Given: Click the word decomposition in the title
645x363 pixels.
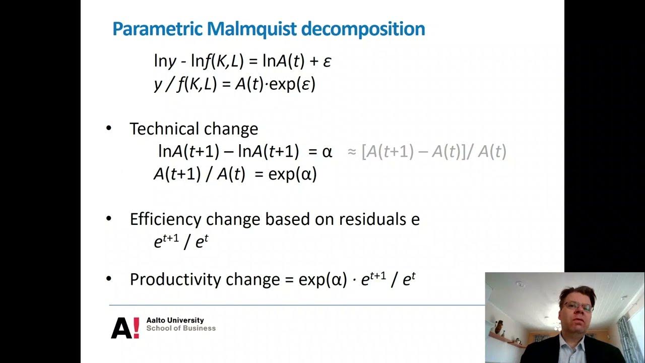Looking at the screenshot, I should [363, 29].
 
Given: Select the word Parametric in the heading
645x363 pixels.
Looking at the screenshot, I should [157, 29].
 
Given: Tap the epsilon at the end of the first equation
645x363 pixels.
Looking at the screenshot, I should [327, 62].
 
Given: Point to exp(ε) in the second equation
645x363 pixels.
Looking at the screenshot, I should [292, 84].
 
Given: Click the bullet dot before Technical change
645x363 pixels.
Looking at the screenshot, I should [109, 128].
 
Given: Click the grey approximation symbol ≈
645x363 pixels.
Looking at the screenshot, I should [352, 151].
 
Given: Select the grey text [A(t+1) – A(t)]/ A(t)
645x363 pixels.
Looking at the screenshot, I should [434, 151].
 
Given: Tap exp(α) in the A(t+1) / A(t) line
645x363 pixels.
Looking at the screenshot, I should [292, 174].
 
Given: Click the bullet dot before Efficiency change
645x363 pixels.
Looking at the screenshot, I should [109, 219].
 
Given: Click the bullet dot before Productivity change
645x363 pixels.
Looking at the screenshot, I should [109, 279].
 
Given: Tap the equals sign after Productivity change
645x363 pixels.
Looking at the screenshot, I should [289, 280].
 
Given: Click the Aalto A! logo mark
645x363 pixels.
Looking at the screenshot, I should [125, 328].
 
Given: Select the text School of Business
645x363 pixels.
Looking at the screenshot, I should [181, 328].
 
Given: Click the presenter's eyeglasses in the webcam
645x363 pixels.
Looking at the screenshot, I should [577, 306].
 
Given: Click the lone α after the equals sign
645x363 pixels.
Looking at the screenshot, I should [327, 151].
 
